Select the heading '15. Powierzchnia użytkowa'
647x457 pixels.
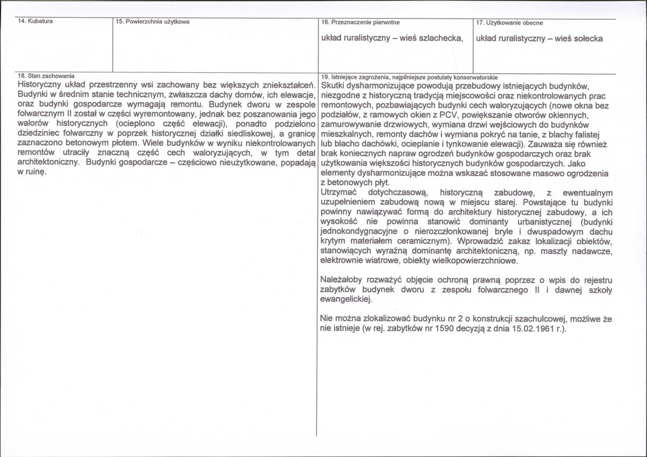coord(152,22)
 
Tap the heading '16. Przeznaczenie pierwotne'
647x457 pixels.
coord(360,23)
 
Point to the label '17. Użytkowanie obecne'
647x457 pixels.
coord(509,23)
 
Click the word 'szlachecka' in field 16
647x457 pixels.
coord(442,38)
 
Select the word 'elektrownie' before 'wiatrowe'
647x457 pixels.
coord(343,261)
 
